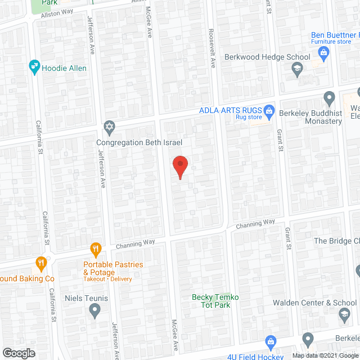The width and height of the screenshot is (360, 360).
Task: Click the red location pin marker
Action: coord(179,166)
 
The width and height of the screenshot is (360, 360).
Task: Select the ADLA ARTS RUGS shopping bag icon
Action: coord(269,110)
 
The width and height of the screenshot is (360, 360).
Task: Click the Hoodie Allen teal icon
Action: coord(34,67)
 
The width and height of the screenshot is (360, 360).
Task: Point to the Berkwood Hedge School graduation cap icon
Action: coord(296,69)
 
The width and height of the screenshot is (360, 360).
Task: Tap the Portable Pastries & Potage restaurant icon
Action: coord(96,249)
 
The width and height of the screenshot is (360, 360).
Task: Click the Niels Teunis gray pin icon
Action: coord(94,309)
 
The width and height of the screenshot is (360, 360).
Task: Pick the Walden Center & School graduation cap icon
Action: coord(344,317)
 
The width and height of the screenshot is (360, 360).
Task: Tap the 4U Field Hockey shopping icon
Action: coord(271,341)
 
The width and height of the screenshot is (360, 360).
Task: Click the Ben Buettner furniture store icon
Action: coord(323,53)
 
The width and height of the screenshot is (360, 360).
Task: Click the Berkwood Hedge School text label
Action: coord(267,57)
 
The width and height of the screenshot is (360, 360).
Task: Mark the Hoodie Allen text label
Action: coord(68,67)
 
